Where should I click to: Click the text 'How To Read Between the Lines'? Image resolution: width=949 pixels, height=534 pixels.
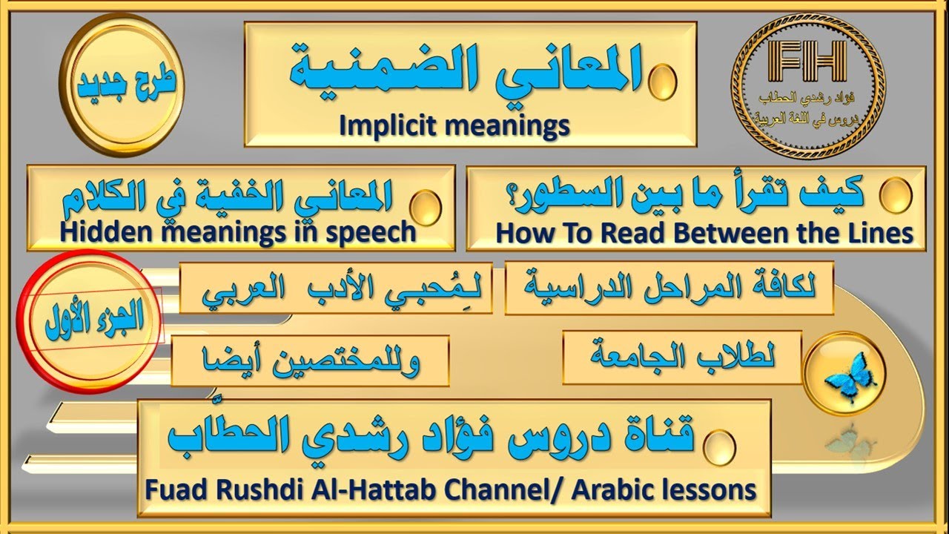[704, 233]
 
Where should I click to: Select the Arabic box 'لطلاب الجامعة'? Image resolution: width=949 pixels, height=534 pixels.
[683, 357]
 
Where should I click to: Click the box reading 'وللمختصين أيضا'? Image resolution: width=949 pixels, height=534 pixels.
[310, 361]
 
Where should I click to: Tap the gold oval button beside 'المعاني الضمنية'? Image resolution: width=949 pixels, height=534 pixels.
[661, 78]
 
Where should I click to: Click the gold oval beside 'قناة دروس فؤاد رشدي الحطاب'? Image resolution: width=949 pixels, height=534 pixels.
[718, 446]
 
